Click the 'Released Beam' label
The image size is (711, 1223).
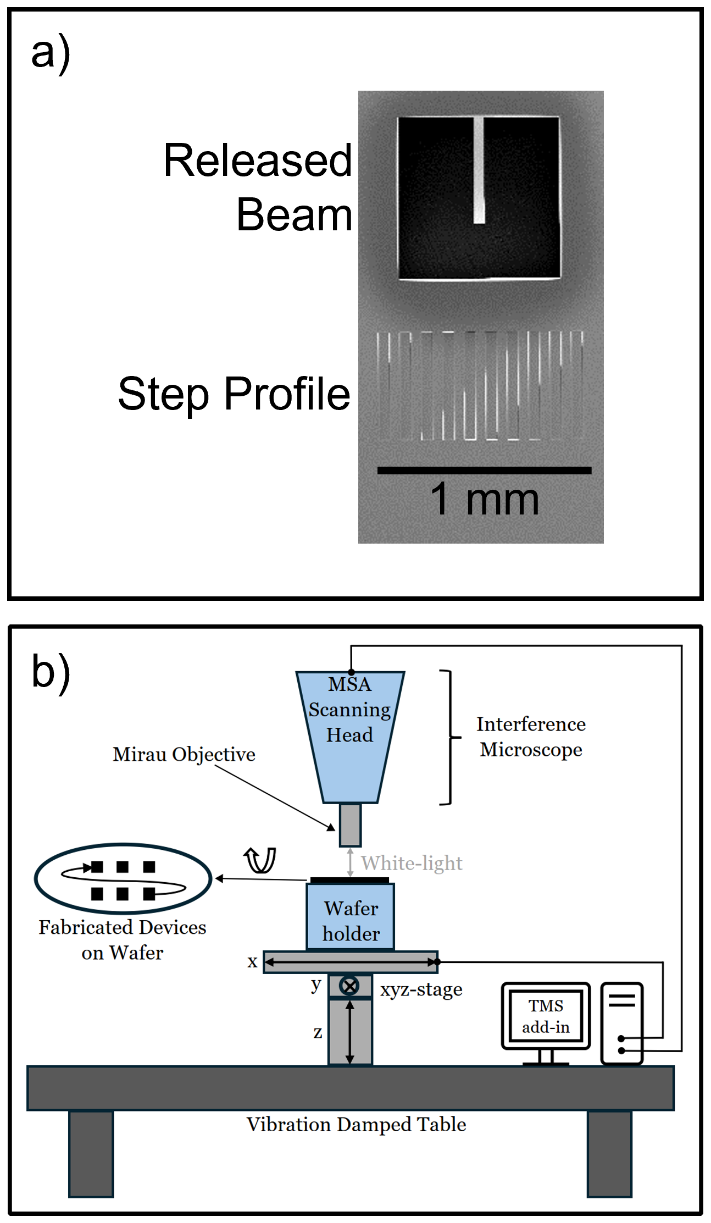[258, 187]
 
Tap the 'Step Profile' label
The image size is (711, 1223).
[234, 394]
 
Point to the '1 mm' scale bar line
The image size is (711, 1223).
[484, 471]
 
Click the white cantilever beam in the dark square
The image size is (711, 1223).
[479, 170]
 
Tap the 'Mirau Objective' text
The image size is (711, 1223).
[184, 754]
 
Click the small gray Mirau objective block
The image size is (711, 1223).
[350, 825]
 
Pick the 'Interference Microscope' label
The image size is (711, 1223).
[531, 737]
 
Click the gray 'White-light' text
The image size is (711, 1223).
[412, 863]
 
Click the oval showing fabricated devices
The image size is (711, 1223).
[123, 878]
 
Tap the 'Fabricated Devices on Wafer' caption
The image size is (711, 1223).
[123, 940]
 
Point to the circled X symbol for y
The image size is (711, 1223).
[349, 986]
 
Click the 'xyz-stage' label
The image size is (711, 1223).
[421, 989]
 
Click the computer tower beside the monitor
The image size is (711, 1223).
[622, 1023]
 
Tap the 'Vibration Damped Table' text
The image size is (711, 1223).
[356, 1125]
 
